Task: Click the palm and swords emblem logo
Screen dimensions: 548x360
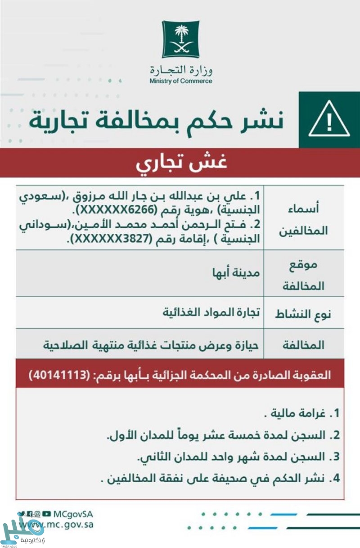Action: coord(180,39)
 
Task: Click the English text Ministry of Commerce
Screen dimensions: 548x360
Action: coord(181,81)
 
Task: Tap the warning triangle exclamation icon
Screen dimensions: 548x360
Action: coord(329,120)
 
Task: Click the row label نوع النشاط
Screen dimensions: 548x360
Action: coord(303,313)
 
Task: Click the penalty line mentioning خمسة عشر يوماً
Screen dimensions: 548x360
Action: coord(223,435)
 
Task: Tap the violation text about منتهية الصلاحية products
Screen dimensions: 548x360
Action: coord(153,345)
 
